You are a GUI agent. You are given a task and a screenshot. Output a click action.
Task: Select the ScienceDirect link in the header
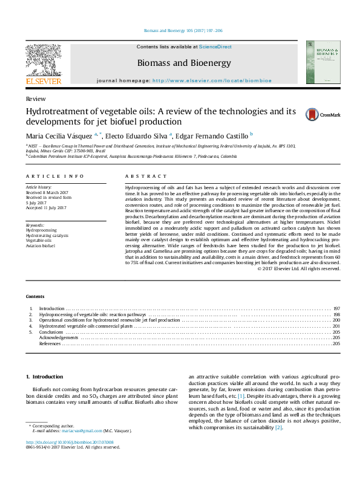216,47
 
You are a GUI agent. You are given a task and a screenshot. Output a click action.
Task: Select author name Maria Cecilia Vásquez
59,136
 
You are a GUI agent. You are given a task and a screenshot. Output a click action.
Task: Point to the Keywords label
35,225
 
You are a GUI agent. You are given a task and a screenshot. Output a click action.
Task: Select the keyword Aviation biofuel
40,246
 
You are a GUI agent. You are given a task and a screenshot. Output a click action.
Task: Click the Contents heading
35,296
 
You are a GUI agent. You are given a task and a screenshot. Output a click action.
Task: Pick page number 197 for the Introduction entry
336,308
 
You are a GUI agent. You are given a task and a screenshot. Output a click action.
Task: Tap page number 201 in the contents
336,326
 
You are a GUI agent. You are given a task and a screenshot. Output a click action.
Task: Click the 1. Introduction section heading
46,377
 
